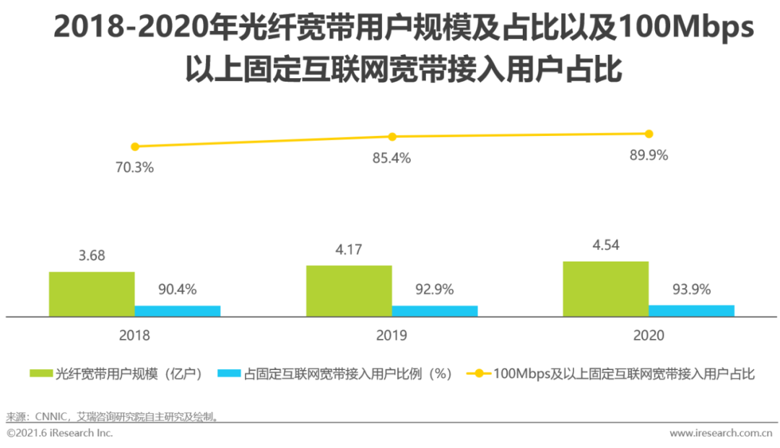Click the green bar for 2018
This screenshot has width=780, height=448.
tap(92, 294)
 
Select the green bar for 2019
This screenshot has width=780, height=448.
tap(349, 291)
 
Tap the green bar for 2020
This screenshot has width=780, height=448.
tap(606, 288)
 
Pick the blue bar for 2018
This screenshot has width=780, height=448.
tap(178, 311)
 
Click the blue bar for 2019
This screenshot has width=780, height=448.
tap(435, 311)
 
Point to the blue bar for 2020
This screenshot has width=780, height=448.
tap(691, 310)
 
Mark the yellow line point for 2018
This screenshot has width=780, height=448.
tap(134, 147)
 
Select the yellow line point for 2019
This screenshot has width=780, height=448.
tap(392, 137)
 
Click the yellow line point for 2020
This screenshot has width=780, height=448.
tap(649, 134)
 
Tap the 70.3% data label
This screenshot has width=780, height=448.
tap(134, 168)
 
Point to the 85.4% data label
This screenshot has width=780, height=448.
tap(391, 158)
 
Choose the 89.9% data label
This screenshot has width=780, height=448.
tap(649, 155)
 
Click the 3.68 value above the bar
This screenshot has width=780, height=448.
tap(92, 257)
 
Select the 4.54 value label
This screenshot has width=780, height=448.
tap(605, 245)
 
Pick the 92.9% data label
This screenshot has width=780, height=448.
tap(434, 290)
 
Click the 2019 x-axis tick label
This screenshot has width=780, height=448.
tap(391, 336)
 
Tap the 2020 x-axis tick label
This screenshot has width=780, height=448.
tap(649, 336)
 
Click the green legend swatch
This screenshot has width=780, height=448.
tap(40, 374)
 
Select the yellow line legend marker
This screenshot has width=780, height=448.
tap(478, 374)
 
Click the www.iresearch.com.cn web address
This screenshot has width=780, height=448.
tap(721, 433)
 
